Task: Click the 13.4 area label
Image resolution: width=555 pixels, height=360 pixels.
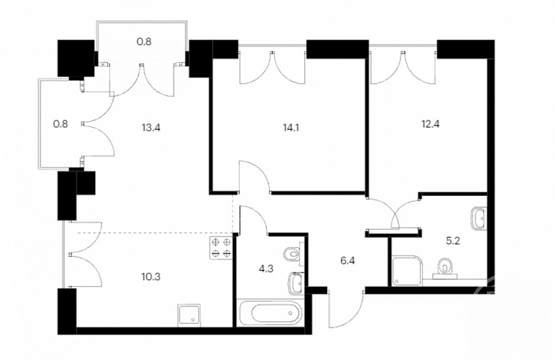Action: [151, 127]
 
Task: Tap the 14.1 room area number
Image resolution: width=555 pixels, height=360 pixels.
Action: [291, 127]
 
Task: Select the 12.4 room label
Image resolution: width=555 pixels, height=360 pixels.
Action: [430, 124]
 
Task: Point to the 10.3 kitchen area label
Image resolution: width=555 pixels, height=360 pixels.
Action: [151, 276]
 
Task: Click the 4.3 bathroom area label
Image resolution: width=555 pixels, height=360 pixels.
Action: [266, 269]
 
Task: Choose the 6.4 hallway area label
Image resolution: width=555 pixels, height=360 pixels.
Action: [347, 261]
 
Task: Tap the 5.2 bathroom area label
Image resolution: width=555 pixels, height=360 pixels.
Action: [452, 241]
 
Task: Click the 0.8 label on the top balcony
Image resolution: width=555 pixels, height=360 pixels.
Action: [144, 42]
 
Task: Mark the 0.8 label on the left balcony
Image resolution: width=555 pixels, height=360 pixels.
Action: [60, 124]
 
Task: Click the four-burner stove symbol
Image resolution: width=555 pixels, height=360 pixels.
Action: [221, 248]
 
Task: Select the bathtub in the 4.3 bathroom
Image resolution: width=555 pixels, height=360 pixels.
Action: [272, 313]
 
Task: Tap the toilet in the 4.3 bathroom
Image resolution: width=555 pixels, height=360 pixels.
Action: [293, 254]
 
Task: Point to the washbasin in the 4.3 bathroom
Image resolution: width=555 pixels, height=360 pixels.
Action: [296, 284]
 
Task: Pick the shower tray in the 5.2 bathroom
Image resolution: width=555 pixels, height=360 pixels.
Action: [407, 271]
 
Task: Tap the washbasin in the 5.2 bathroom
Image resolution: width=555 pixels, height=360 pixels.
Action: [480, 218]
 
